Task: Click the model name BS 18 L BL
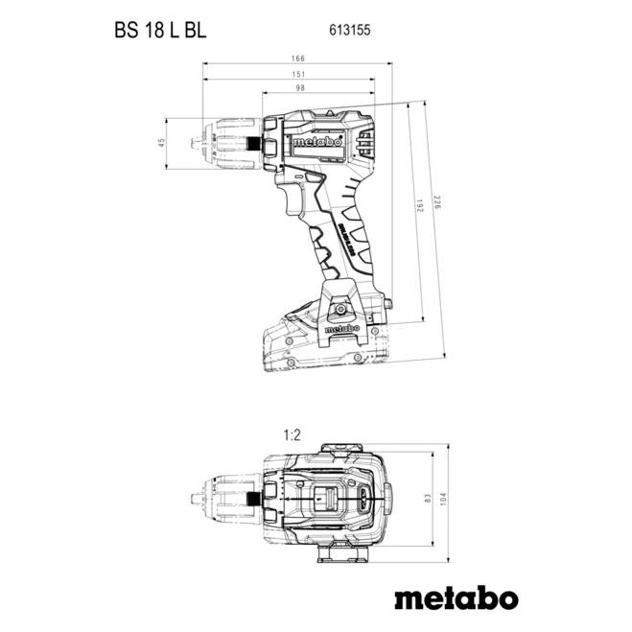pos(156,30)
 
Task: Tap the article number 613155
pos(353,30)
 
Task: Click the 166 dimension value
pos(299,59)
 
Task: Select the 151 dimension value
pos(299,74)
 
